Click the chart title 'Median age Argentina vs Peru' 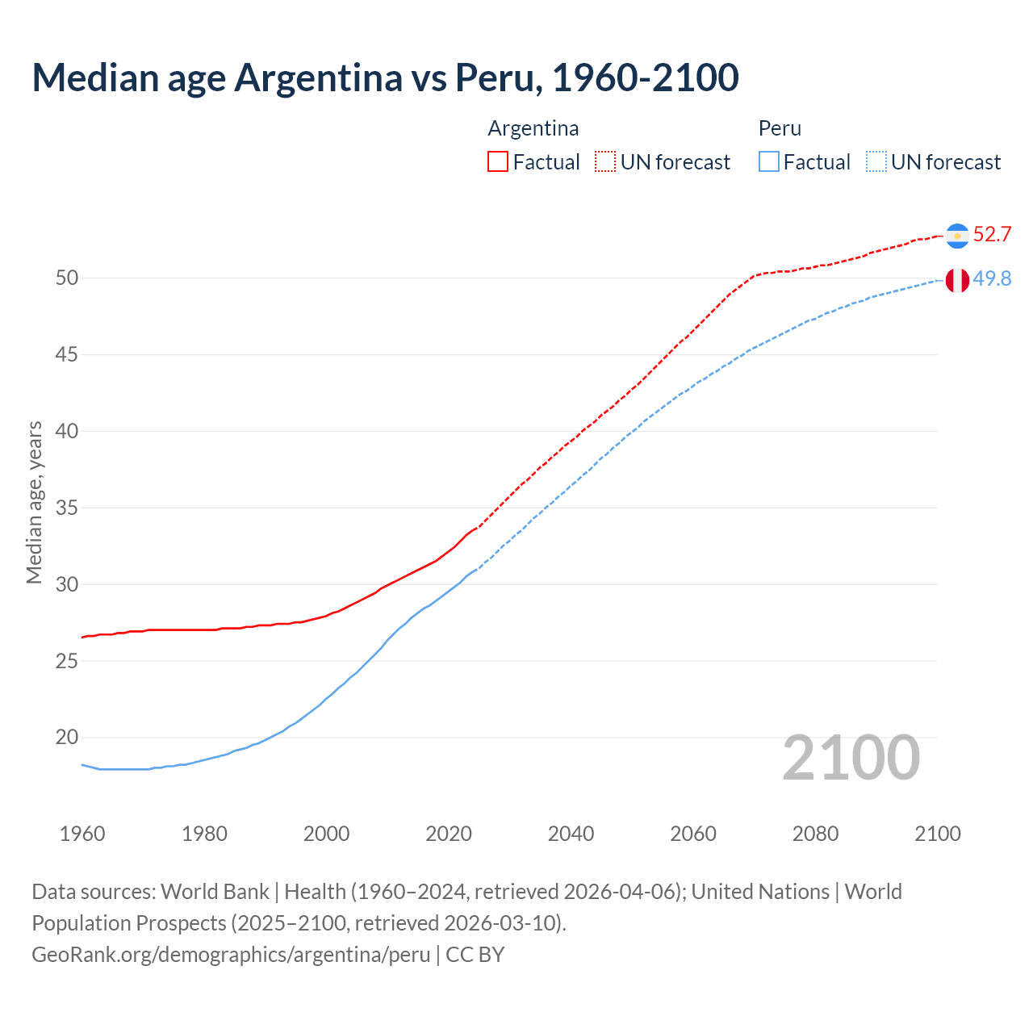pyautogui.click(x=385, y=77)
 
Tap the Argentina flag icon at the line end pyautogui.click(x=957, y=235)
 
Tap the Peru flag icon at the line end pyautogui.click(x=957, y=280)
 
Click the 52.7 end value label pyautogui.click(x=992, y=235)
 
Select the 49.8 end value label pyautogui.click(x=992, y=279)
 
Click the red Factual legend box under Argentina pyautogui.click(x=498, y=162)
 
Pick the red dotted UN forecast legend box pyautogui.click(x=605, y=162)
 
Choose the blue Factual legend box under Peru pyautogui.click(x=769, y=162)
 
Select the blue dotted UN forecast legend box pyautogui.click(x=876, y=162)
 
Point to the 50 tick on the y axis pyautogui.click(x=67, y=278)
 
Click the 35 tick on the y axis pyautogui.click(x=67, y=508)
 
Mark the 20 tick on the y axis pyautogui.click(x=67, y=738)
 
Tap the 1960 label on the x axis pyautogui.click(x=82, y=834)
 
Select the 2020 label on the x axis pyautogui.click(x=449, y=834)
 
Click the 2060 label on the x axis pyautogui.click(x=693, y=834)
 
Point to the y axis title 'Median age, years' pyautogui.click(x=34, y=502)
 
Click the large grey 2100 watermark pyautogui.click(x=851, y=758)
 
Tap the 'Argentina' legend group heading pyautogui.click(x=533, y=129)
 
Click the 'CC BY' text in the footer pyautogui.click(x=475, y=955)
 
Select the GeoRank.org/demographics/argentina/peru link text pyautogui.click(x=231, y=955)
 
